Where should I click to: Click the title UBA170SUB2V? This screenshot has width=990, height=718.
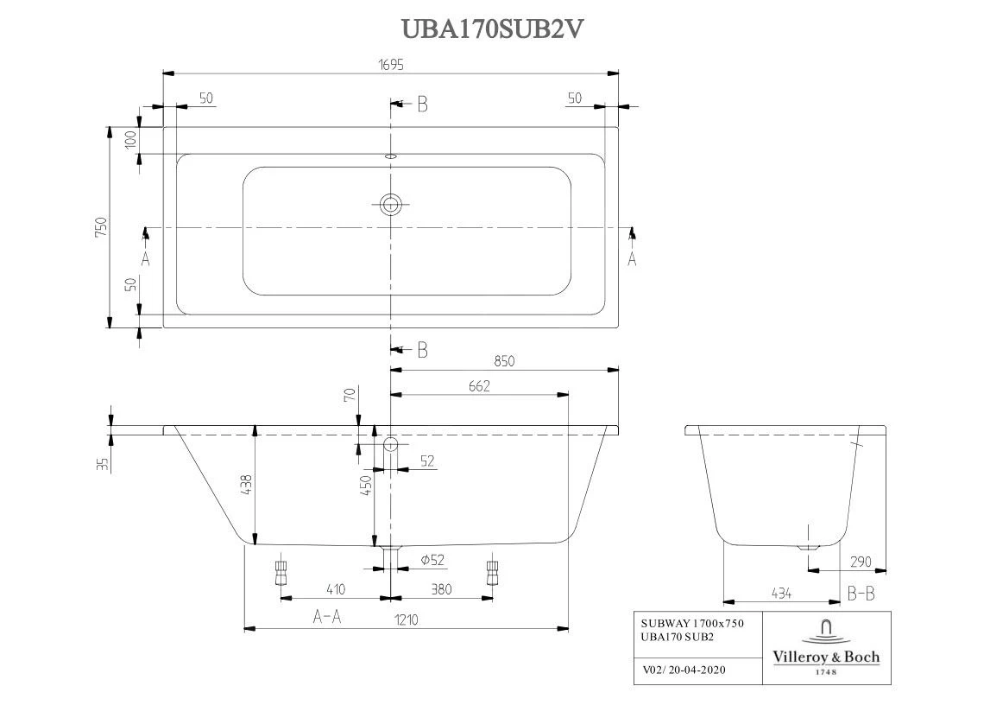[494, 29]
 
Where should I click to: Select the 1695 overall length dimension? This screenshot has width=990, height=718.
[390, 65]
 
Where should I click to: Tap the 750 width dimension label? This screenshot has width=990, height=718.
[101, 226]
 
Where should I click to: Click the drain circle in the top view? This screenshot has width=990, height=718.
[391, 204]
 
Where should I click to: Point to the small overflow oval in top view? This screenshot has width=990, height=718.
[390, 157]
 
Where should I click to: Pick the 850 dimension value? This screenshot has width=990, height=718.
[504, 361]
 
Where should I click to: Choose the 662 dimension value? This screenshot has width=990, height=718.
[479, 386]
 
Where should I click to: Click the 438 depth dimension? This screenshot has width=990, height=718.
[246, 485]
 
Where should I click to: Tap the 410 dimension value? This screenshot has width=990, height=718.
[335, 589]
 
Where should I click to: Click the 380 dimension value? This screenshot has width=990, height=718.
[440, 589]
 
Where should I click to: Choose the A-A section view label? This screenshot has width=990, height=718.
[326, 617]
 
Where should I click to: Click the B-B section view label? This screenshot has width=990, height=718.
[861, 594]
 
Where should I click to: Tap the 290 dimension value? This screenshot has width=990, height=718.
[861, 562]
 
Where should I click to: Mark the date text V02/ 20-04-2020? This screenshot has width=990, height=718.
[684, 669]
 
